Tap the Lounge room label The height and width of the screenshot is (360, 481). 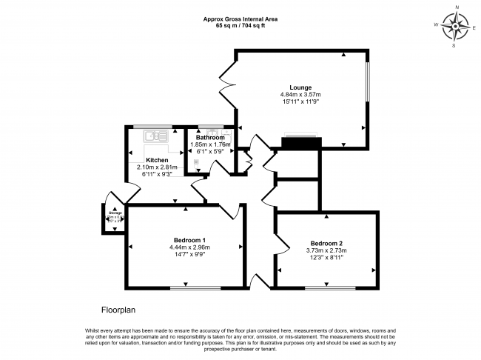pyautogui.click(x=300, y=87)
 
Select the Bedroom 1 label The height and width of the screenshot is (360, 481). pyautogui.click(x=189, y=239)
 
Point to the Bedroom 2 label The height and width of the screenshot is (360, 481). pyautogui.click(x=326, y=244)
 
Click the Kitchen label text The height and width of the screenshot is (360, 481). pyautogui.click(x=156, y=160)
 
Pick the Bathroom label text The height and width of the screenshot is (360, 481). pyautogui.click(x=210, y=137)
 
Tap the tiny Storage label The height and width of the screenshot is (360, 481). pyautogui.click(x=114, y=213)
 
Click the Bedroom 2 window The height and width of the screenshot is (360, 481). pyautogui.click(x=330, y=287)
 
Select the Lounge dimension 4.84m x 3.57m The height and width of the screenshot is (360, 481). pyautogui.click(x=300, y=95)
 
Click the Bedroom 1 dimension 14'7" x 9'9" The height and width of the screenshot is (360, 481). pyautogui.click(x=189, y=254)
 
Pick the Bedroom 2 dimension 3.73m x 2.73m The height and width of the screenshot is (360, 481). pyautogui.click(x=326, y=250)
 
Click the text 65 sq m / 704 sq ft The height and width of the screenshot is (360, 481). pyautogui.click(x=240, y=26)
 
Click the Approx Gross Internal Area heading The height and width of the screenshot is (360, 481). pyautogui.click(x=240, y=19)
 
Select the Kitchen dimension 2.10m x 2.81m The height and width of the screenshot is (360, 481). pyautogui.click(x=158, y=167)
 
